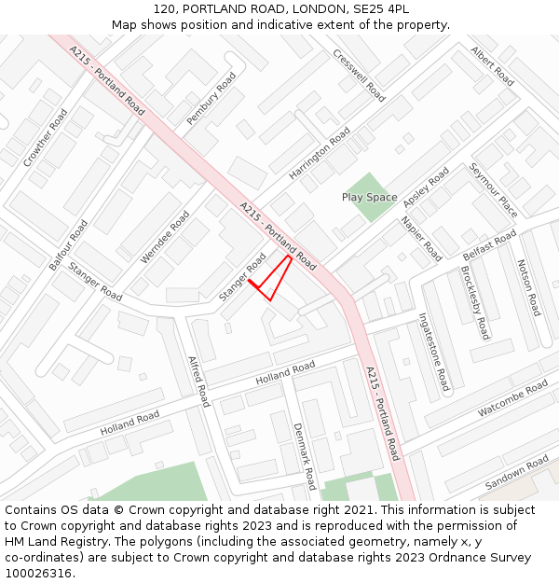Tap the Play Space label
[x=369, y=198]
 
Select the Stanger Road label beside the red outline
[x=242, y=277]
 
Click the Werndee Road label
[x=165, y=237]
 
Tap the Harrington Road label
[x=320, y=154]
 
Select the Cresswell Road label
[x=359, y=76]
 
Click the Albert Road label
[x=492, y=66]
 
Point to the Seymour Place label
[x=493, y=190]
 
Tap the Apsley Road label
[x=426, y=187]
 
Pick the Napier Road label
[x=421, y=238]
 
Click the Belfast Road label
[x=489, y=245]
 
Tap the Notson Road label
[x=528, y=287]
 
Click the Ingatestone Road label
[x=434, y=352]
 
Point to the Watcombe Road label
[x=512, y=399]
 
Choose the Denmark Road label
[x=305, y=456]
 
